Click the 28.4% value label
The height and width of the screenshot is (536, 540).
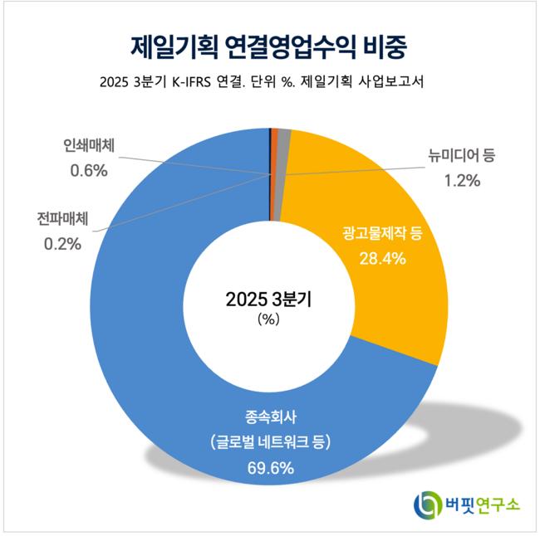point(381,258)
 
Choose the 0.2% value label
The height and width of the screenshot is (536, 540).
point(61,244)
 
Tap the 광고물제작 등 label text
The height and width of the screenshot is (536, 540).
point(382,233)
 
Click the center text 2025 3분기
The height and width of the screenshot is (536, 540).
point(269,300)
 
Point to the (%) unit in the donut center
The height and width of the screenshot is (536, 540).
point(269,319)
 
